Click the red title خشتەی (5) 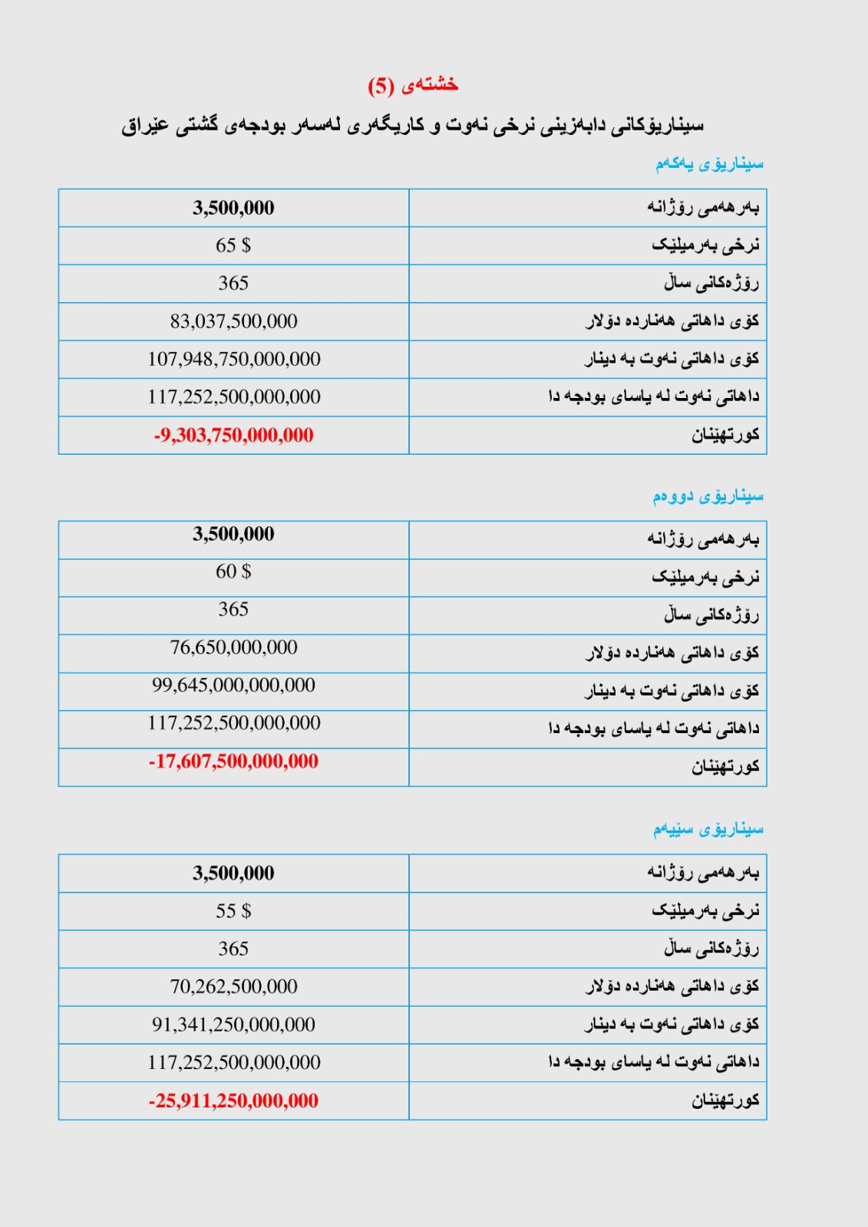(413, 85)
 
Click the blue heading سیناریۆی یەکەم (709, 163)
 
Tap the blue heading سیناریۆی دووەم (708, 496)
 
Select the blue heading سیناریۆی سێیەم (708, 829)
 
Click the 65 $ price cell (233, 245)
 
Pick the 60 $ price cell (233, 571)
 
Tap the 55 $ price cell (233, 911)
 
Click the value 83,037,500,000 (233, 321)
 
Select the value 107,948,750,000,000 (233, 359)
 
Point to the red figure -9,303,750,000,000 (233, 435)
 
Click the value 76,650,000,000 (233, 647)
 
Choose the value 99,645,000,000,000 (233, 685)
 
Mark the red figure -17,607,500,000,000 (233, 761)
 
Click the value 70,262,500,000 (233, 986)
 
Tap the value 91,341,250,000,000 (233, 1025)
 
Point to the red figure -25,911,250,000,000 (233, 1100)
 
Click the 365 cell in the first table (233, 283)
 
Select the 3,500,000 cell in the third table (233, 873)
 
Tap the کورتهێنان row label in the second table (724, 766)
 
